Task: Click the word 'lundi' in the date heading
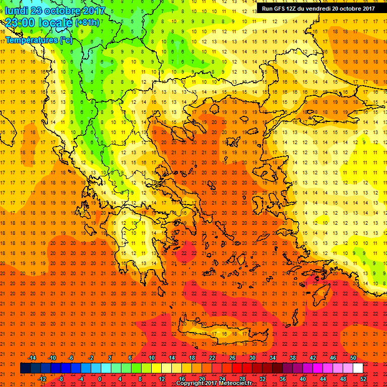tap(17, 11)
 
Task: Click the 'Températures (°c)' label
tap(39, 40)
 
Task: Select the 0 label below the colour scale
tap(99, 379)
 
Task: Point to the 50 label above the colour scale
tap(353, 358)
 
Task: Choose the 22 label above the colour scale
tap(212, 358)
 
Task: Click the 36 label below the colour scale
tap(283, 379)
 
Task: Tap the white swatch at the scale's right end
tap(358, 368)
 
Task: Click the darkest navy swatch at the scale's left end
tap(25, 368)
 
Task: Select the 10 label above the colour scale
tap(152, 358)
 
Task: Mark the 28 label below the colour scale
tap(242, 379)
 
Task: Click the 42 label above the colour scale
tap(313, 358)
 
